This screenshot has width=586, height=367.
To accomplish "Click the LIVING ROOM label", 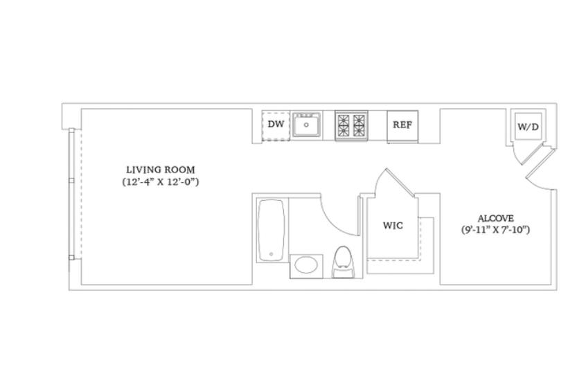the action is click(160, 170).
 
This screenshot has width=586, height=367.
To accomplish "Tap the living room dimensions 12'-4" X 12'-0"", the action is click(160, 182).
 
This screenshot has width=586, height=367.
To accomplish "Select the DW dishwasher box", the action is click(276, 126).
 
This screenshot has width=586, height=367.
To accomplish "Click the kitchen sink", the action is click(306, 125).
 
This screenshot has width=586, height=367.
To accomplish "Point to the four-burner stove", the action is click(351, 125).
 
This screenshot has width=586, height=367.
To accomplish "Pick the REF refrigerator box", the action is click(402, 126).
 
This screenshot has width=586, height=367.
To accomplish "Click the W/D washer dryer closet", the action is click(528, 126).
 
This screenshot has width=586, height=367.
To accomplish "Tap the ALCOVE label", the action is click(495, 218).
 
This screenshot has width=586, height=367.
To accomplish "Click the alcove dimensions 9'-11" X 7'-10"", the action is click(495, 230).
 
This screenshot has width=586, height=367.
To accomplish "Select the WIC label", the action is click(393, 226).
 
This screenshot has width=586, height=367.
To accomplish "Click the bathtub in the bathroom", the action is click(272, 230).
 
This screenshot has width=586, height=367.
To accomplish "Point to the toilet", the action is click(344, 262).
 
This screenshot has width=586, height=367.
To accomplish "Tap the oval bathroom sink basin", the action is click(306, 265).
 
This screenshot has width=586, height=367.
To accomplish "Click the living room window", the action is click(71, 195).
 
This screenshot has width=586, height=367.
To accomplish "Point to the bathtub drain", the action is click(272, 255).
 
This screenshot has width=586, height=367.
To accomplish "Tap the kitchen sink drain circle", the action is click(306, 125).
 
